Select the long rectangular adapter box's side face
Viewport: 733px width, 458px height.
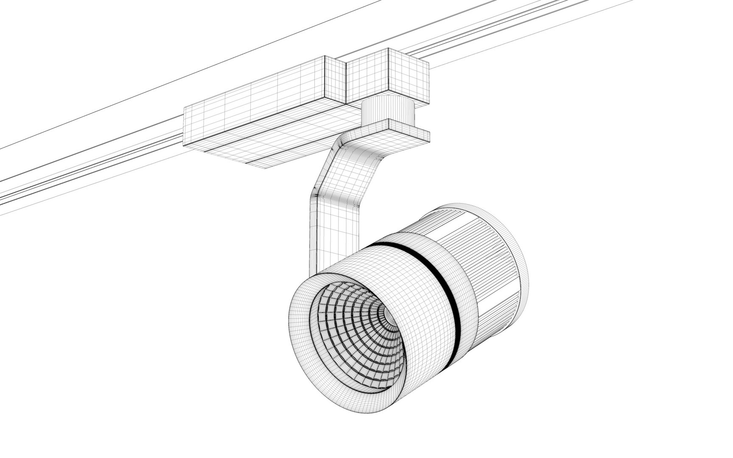pos(255,98)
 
